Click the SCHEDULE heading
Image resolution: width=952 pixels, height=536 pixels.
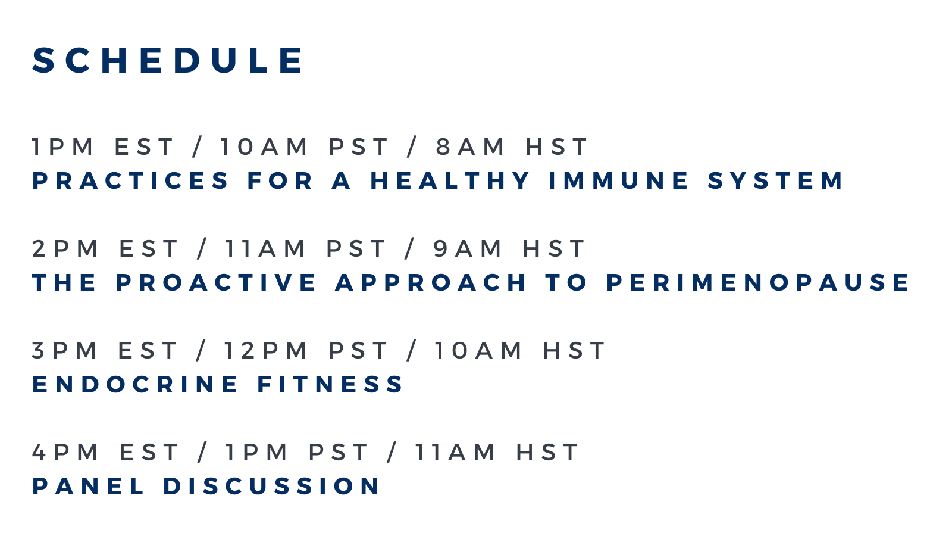(x=167, y=60)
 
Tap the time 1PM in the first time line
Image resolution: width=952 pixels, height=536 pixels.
(x=62, y=147)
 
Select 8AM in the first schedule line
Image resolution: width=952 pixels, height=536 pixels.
(x=469, y=147)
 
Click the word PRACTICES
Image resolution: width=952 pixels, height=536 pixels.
(x=130, y=180)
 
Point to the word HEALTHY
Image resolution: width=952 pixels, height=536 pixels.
(x=450, y=180)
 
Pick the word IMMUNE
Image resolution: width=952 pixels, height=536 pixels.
(x=618, y=180)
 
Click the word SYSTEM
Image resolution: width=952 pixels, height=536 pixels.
(x=775, y=180)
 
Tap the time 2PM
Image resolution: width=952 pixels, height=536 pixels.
(x=65, y=248)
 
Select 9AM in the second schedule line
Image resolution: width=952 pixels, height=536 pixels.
(x=467, y=248)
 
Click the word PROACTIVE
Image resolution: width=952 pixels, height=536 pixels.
(x=215, y=282)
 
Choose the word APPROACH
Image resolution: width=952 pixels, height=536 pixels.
(x=431, y=282)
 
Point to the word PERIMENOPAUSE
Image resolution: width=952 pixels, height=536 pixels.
(x=758, y=282)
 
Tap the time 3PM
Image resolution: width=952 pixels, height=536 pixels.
(x=65, y=351)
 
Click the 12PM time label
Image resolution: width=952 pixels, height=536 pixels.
(x=265, y=351)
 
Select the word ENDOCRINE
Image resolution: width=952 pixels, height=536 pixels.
(x=134, y=384)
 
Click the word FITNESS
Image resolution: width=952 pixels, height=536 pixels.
(x=330, y=384)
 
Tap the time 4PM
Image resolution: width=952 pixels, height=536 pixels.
(x=65, y=452)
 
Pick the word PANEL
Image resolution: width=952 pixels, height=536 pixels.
(x=88, y=486)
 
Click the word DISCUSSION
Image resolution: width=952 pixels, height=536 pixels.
(x=271, y=486)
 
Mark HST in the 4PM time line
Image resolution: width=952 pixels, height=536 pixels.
(x=547, y=452)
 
